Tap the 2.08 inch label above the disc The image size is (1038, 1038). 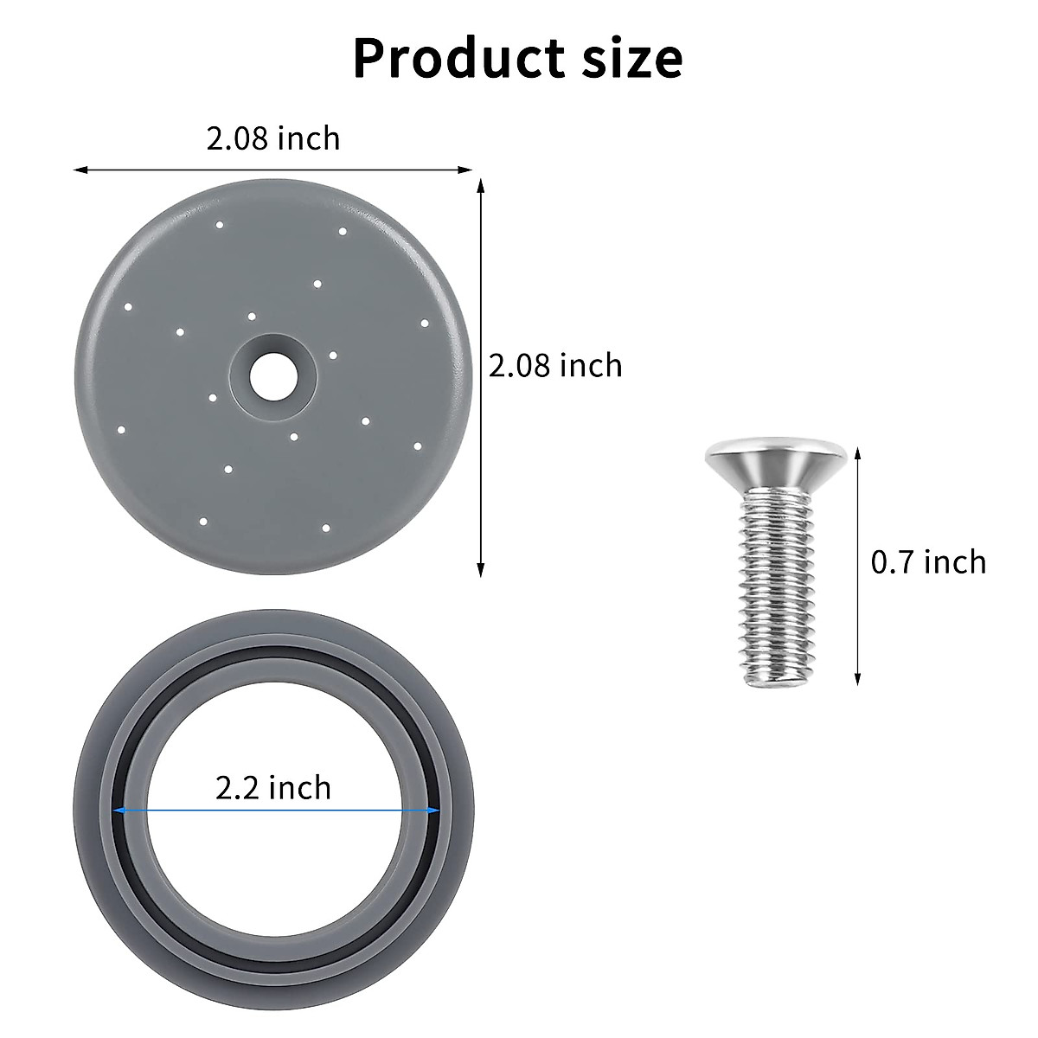pos(272,138)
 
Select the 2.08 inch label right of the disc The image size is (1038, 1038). pos(555,365)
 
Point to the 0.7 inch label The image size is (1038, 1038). pos(928,562)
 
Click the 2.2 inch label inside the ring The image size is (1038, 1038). pos(272,788)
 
